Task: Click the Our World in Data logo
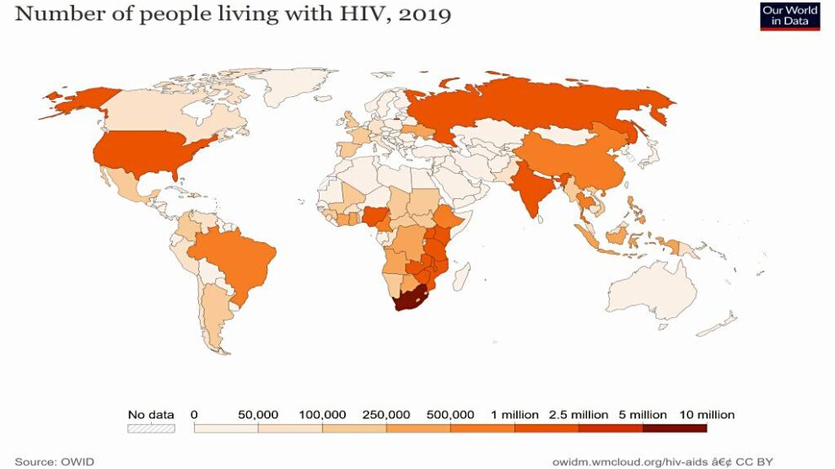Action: coord(789,16)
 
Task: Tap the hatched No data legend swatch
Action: coord(151,429)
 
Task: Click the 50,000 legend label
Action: coord(257,415)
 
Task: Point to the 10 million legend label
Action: coord(707,415)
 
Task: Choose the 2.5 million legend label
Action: coord(579,415)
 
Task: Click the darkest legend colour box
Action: coord(675,429)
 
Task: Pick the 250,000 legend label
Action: coord(386,415)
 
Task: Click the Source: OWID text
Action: coord(55,461)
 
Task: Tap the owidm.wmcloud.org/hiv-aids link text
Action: coord(641,461)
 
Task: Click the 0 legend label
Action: coord(194,415)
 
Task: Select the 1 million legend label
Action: coord(514,415)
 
